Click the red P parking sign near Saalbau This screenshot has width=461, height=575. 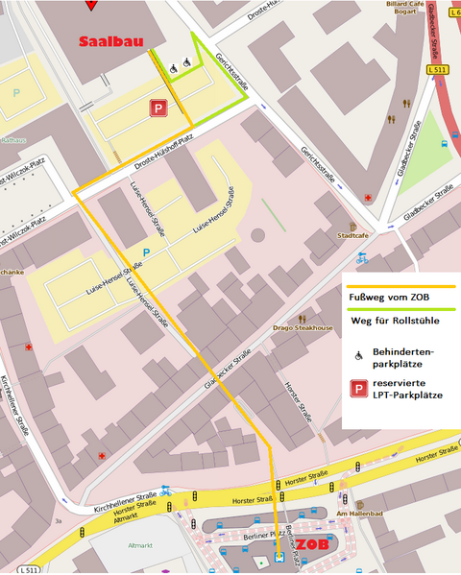(x=157, y=109)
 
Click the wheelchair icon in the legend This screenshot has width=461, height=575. (x=358, y=355)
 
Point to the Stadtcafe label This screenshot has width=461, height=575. (x=353, y=233)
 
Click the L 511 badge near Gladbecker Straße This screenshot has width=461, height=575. (x=437, y=70)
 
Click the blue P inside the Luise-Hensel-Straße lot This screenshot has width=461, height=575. (x=146, y=252)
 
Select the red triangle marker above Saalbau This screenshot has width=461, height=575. (x=91, y=5)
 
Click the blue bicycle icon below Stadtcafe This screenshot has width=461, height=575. (x=361, y=257)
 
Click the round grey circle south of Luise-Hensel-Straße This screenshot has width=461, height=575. (x=257, y=234)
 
